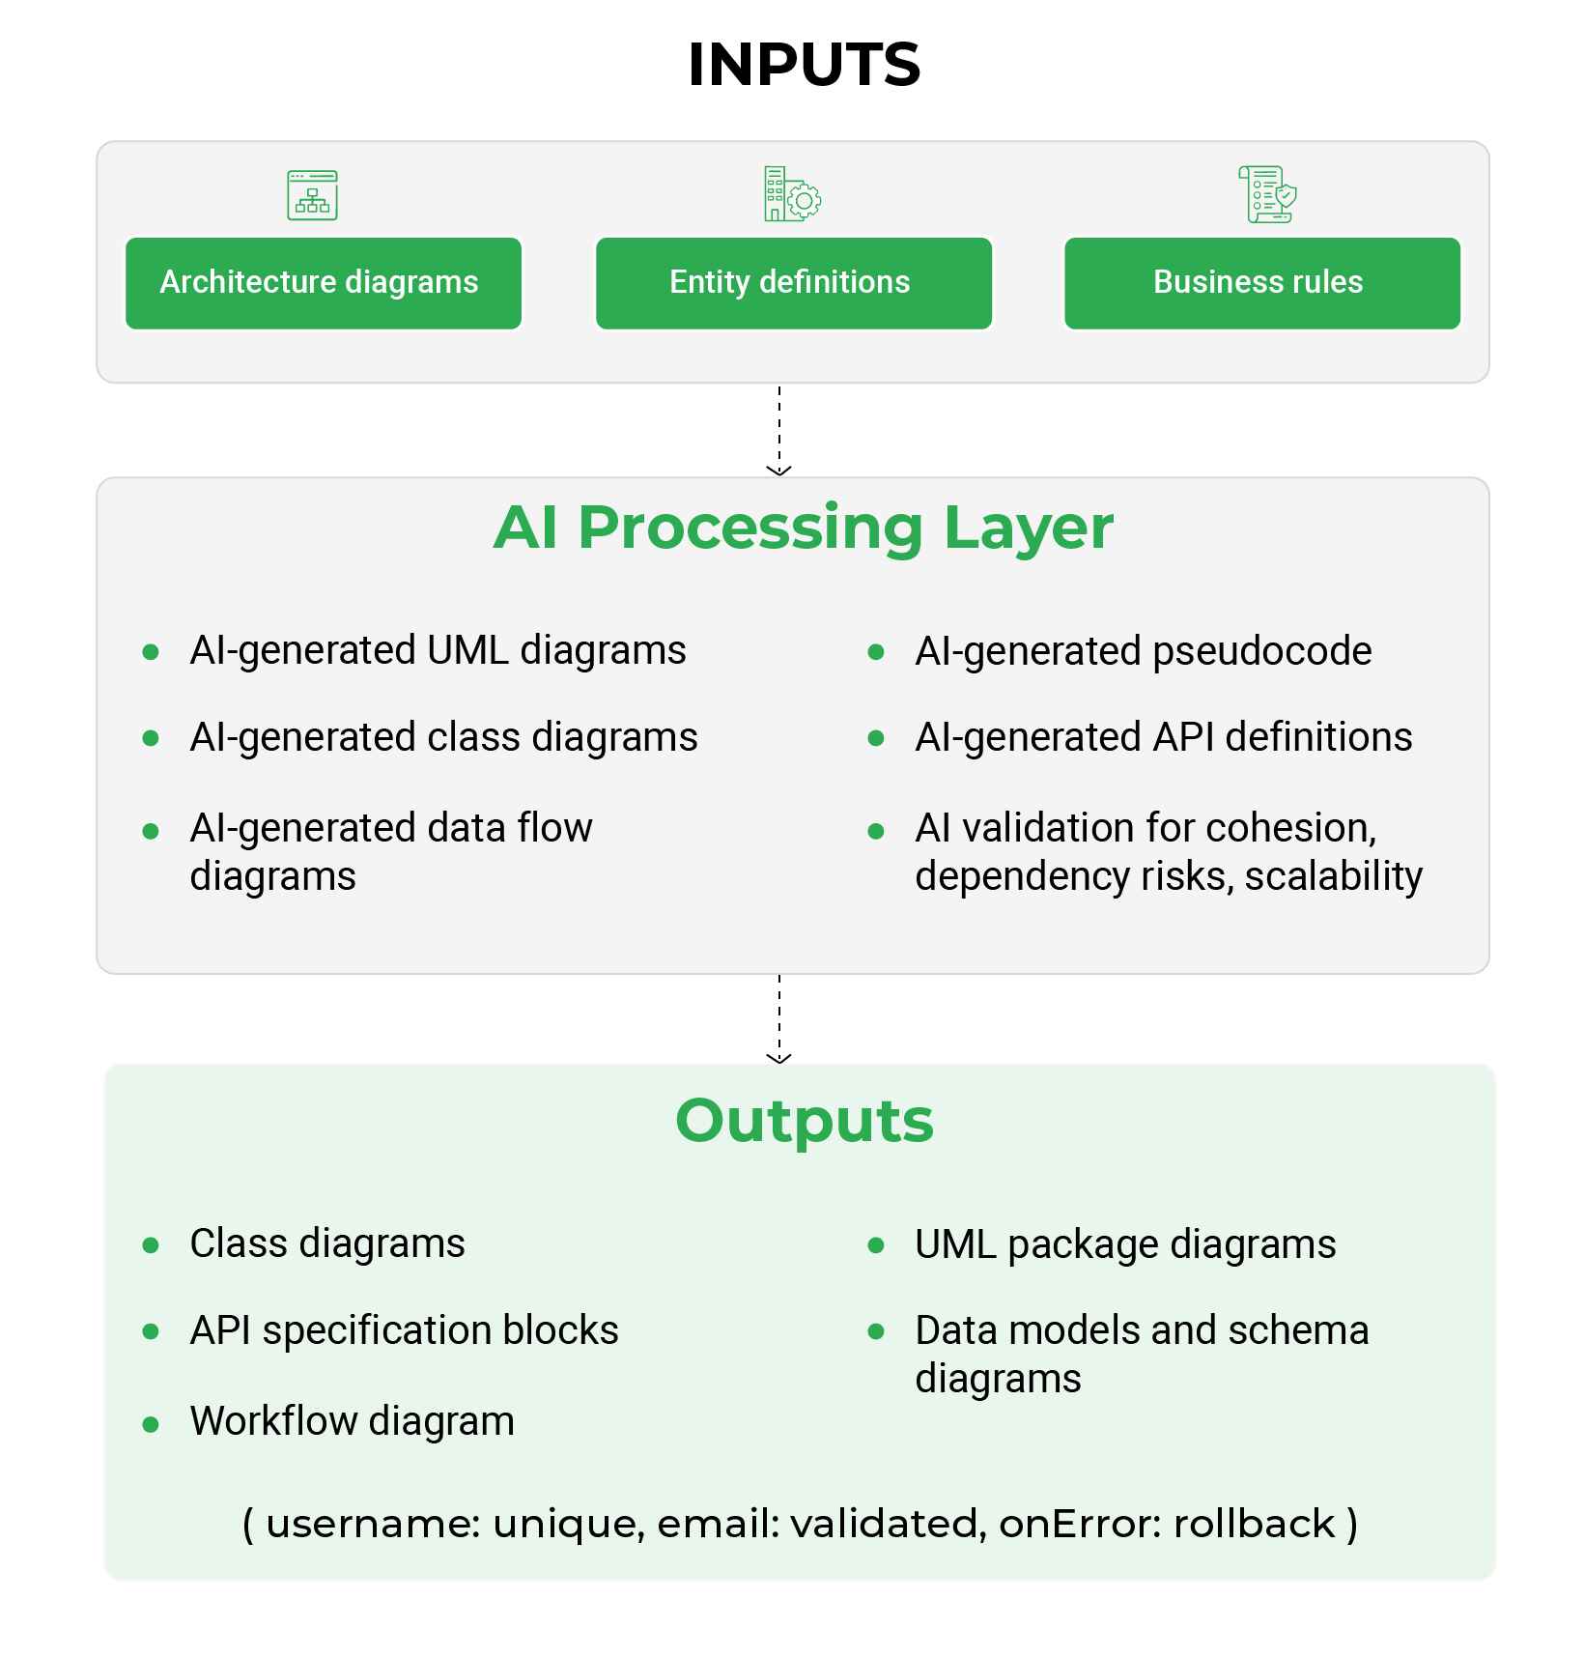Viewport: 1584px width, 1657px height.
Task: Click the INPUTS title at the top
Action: (804, 65)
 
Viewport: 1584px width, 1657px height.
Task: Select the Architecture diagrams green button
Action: (324, 282)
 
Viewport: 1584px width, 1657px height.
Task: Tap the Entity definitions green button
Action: (793, 282)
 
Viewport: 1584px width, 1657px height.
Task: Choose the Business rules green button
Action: (1261, 282)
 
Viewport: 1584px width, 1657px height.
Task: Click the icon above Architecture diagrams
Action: (312, 195)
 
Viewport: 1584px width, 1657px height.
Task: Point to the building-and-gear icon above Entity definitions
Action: (792, 194)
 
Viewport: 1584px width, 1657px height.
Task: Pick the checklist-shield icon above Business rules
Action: (1267, 194)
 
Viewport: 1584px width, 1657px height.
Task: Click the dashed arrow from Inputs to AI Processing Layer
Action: (778, 430)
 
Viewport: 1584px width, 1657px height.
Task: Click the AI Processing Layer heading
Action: (803, 528)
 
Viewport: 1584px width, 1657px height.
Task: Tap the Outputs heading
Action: (804, 1121)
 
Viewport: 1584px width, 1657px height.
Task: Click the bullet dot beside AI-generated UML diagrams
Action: (151, 652)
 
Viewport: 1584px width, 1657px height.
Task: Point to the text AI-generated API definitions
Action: (1163, 737)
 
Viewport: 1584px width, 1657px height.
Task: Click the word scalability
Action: (1333, 876)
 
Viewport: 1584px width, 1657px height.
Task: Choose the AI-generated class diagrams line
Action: (443, 737)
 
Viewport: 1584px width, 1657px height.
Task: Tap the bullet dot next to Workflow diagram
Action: (151, 1424)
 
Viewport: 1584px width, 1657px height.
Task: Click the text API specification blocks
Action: (404, 1330)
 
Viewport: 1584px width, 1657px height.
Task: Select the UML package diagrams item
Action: (1125, 1244)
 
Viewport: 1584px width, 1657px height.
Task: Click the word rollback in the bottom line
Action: (1254, 1524)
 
